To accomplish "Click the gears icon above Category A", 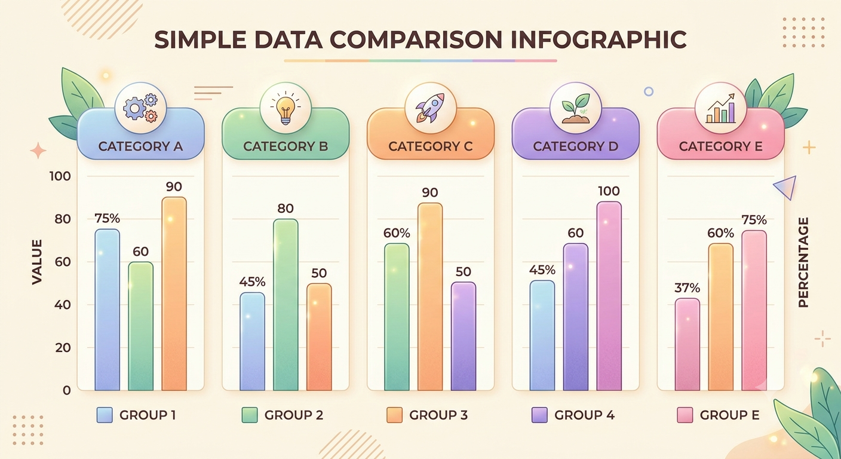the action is tap(140, 108).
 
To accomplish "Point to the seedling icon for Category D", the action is tap(575, 108).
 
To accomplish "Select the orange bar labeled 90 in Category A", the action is tap(174, 293).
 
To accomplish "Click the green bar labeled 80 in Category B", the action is tap(286, 305).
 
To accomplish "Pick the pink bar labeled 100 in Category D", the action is tap(609, 296).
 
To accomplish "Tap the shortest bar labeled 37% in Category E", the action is tap(687, 344).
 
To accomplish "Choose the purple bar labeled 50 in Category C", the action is tap(464, 336).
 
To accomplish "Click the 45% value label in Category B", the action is tap(252, 281).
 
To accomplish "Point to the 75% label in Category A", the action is tap(108, 218).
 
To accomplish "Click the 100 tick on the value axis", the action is tap(60, 176).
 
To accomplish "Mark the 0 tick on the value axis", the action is tap(66, 391).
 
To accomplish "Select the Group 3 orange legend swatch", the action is tap(394, 415).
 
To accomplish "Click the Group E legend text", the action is tap(730, 415).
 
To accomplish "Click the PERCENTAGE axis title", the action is tap(803, 262).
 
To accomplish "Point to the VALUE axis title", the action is tap(37, 262).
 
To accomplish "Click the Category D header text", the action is tap(576, 146).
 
